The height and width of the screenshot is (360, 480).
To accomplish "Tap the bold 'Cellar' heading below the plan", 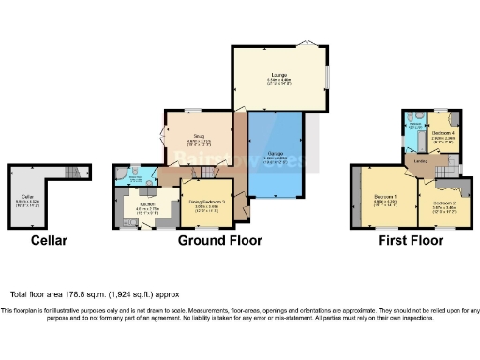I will tap(49, 241).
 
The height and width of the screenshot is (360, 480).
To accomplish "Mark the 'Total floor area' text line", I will tap(95, 293).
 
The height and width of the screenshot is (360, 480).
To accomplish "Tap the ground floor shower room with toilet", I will tap(130, 174).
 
